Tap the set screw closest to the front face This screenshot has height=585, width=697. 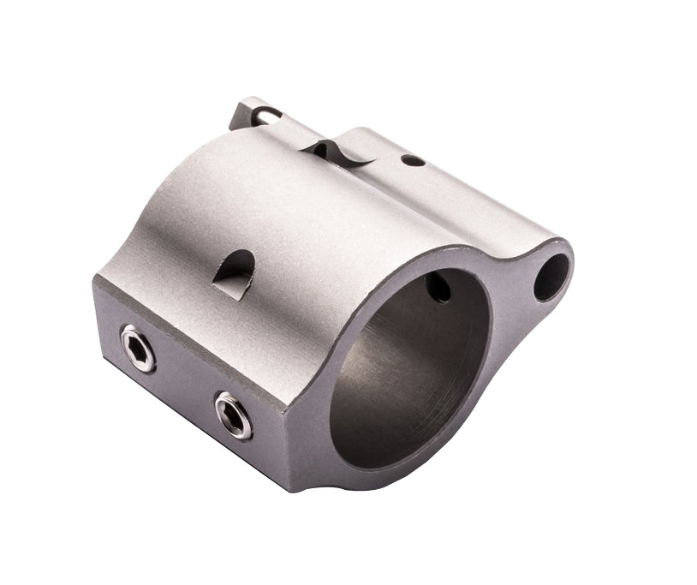click(233, 415)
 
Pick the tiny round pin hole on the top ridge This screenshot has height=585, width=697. click(413, 160)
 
